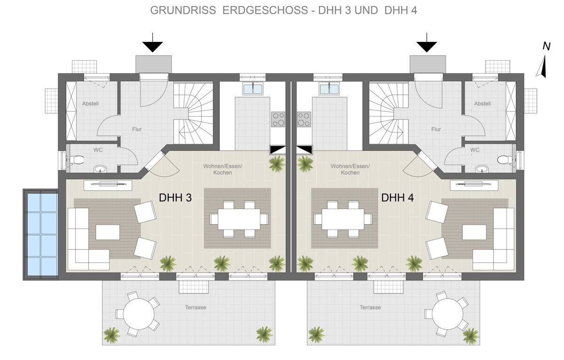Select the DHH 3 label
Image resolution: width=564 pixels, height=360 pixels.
click(175, 198)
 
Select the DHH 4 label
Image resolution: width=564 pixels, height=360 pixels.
click(397, 198)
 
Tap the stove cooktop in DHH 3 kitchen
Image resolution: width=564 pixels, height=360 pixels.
click(278, 119)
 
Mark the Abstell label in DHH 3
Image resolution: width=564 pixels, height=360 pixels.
click(90, 103)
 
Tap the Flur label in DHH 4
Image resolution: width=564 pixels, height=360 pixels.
click(436, 129)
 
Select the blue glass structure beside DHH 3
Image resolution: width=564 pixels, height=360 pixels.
click(41, 234)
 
